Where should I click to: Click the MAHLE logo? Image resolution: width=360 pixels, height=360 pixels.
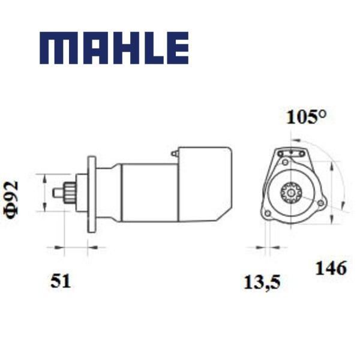coord(114,48)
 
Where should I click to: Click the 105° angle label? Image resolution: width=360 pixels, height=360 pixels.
coord(306,117)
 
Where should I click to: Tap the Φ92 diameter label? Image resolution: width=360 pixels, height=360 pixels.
coord(11,200)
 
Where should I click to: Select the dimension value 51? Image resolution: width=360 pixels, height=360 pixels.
coord(61,281)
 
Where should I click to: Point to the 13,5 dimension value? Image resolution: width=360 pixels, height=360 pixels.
coord(262,283)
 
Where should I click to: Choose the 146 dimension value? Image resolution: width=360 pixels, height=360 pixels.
coord(331,268)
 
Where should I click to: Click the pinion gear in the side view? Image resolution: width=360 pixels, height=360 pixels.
coord(70,193)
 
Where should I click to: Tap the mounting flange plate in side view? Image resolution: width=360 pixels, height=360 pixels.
coord(92,194)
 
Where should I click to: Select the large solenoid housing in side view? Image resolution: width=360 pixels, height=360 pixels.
coord(205,184)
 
